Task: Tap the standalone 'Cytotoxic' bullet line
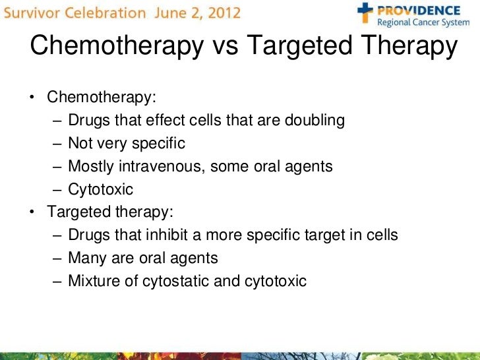tap(100, 190)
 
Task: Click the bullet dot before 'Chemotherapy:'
tap(31, 98)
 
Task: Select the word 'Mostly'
tap(89, 166)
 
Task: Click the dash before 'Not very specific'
tap(57, 144)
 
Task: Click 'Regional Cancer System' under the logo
tap(423, 25)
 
